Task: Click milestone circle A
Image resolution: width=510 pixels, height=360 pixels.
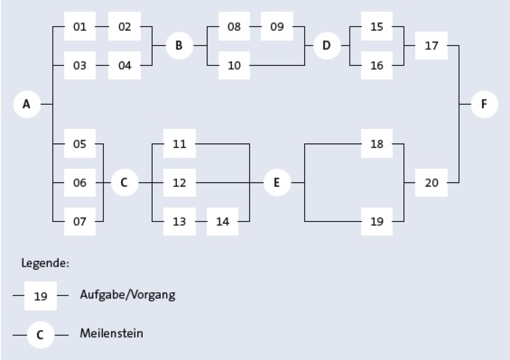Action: pos(27,104)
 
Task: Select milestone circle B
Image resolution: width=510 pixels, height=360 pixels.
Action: pos(179,46)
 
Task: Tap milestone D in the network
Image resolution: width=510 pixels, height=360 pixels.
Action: pos(327,46)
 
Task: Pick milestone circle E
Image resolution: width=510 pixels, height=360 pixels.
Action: pos(277,182)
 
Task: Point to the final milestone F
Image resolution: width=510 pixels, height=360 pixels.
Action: pos(484,104)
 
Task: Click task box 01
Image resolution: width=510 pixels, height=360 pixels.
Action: pos(80,26)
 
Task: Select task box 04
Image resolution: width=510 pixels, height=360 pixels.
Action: pos(125,65)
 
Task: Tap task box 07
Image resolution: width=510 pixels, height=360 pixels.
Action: pos(80,221)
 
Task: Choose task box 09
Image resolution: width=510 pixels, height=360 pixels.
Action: pos(277,26)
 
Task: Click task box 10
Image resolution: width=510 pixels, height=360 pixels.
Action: pos(234,65)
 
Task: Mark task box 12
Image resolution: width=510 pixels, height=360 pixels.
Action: pos(179,182)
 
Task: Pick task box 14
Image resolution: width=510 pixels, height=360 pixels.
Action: pos(223,221)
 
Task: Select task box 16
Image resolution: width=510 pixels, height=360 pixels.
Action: pos(377,65)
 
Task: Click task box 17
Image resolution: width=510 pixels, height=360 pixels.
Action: pos(431,46)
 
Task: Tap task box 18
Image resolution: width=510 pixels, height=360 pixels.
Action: pos(377,143)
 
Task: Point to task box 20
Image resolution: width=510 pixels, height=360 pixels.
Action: pos(431,182)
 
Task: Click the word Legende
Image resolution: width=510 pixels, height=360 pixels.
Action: pos(44,263)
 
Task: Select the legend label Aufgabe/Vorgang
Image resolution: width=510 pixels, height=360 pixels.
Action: pos(128,295)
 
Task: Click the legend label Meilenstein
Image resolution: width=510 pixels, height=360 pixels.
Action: pos(111,333)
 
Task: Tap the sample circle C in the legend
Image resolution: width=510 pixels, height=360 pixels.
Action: pos(41,335)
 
